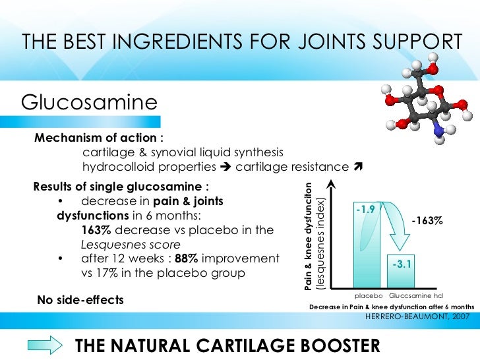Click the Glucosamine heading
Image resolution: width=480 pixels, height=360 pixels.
pyautogui.click(x=90, y=102)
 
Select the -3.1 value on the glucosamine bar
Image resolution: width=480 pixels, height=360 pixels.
pyautogui.click(x=402, y=264)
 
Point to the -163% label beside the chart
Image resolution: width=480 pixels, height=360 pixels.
pyautogui.click(x=427, y=222)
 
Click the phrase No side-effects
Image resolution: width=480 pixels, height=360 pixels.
pyautogui.click(x=80, y=299)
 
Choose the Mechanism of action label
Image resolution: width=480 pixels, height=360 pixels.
pyautogui.click(x=99, y=138)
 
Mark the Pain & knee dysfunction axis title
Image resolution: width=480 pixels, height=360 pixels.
pyautogui.click(x=309, y=235)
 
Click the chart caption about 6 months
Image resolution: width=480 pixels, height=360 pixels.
pyautogui.click(x=392, y=307)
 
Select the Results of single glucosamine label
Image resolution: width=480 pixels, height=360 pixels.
pyautogui.click(x=122, y=185)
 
